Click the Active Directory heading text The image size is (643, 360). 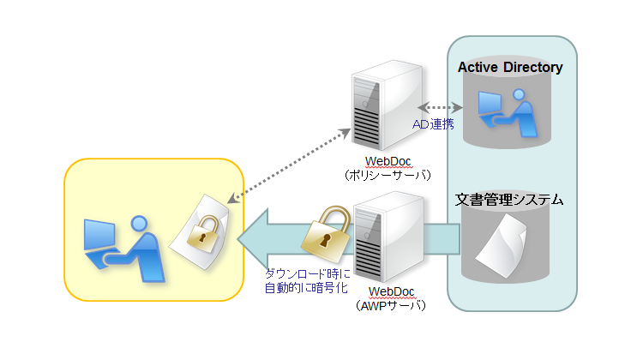pyautogui.click(x=509, y=67)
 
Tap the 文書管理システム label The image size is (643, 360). pyautogui.click(x=509, y=201)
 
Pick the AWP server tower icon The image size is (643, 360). pyautogui.click(x=388, y=235)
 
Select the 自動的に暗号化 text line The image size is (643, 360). pyautogui.click(x=308, y=288)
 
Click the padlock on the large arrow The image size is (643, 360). pyautogui.click(x=324, y=232)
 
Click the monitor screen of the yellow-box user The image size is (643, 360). pyautogui.click(x=100, y=235)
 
